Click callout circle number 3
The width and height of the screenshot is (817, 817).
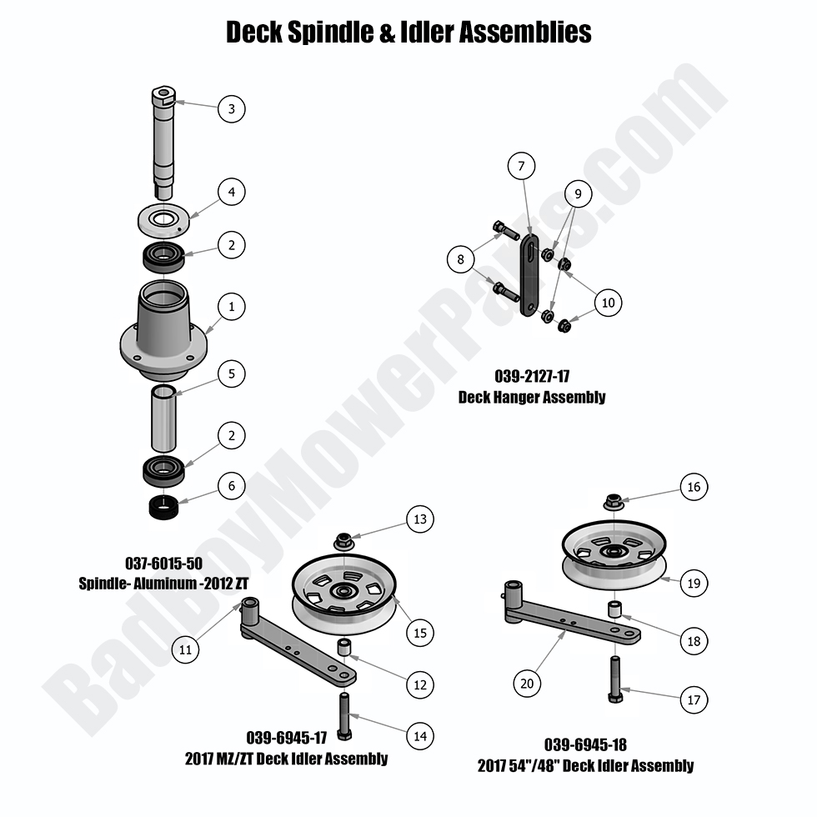click(232, 109)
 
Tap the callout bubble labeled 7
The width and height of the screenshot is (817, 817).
click(522, 166)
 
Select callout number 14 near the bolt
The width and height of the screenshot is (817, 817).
click(420, 735)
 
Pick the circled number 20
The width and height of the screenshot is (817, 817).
click(527, 683)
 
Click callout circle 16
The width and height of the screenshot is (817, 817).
click(694, 487)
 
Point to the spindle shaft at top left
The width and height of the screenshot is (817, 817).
click(163, 143)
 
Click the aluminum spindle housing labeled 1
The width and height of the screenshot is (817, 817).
click(163, 331)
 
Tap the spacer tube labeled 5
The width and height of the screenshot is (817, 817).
click(163, 418)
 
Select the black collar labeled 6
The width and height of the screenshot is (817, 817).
click(163, 508)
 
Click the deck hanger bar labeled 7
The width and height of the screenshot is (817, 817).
click(529, 275)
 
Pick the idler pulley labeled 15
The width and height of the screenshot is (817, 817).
click(343, 594)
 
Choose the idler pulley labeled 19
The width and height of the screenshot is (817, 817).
click(614, 557)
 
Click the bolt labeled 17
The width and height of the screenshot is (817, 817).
click(615, 679)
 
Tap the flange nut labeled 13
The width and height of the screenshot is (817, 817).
click(343, 541)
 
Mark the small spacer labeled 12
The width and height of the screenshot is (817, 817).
click(343, 647)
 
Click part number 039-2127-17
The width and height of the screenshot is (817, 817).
click(532, 376)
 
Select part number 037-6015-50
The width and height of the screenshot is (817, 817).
click(163, 564)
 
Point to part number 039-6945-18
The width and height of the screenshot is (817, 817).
click(585, 744)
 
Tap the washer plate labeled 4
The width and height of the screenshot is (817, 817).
click(163, 220)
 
